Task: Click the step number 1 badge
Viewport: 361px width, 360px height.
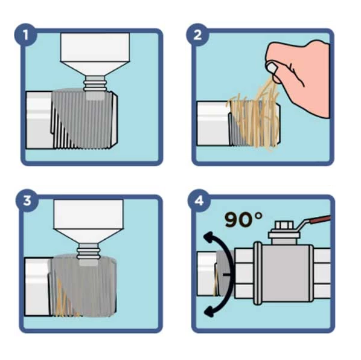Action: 25,35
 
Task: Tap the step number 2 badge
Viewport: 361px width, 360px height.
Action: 197,35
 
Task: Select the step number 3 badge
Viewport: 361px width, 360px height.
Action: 27,201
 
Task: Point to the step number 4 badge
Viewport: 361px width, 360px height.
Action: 199,201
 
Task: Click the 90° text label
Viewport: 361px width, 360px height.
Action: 243,219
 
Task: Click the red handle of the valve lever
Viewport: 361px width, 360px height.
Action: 321,219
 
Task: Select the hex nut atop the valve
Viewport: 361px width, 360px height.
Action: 284,227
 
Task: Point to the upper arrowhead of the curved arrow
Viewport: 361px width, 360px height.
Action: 209,237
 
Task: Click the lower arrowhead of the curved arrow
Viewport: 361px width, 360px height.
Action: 209,311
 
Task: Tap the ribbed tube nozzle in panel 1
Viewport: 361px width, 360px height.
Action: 95,83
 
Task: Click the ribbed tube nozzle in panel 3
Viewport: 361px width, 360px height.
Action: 88,251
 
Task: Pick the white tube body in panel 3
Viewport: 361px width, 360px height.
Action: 88,221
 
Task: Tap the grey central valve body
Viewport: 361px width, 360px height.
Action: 286,274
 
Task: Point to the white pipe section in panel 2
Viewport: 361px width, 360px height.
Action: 213,123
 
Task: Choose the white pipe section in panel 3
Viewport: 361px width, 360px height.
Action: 37,286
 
